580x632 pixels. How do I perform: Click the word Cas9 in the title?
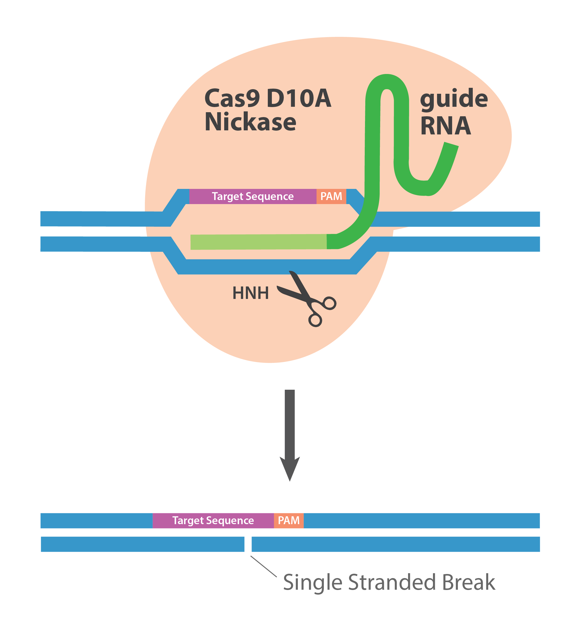coord(232,98)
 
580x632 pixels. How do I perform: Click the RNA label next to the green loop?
coord(446,126)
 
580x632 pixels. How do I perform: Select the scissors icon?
coord(307,299)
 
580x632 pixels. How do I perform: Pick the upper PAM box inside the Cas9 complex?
coord(331,197)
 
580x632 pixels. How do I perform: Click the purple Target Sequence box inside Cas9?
coord(253,197)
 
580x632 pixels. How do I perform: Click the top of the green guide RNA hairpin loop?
coord(387,82)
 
